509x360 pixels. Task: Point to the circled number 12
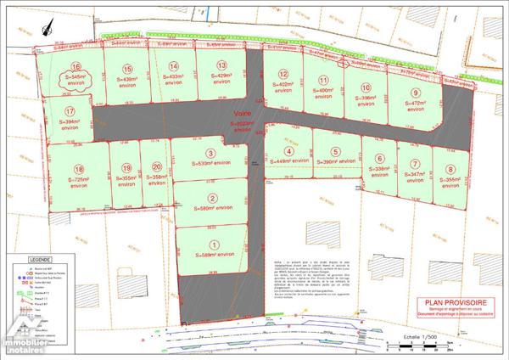[x=284, y=74]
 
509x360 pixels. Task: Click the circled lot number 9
[x=416, y=93]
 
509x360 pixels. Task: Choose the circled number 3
[x=210, y=153]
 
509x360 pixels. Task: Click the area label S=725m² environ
[x=79, y=183]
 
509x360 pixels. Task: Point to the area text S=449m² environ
[x=288, y=161]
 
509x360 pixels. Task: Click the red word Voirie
[x=241, y=111]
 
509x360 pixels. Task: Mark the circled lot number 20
[x=156, y=167]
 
